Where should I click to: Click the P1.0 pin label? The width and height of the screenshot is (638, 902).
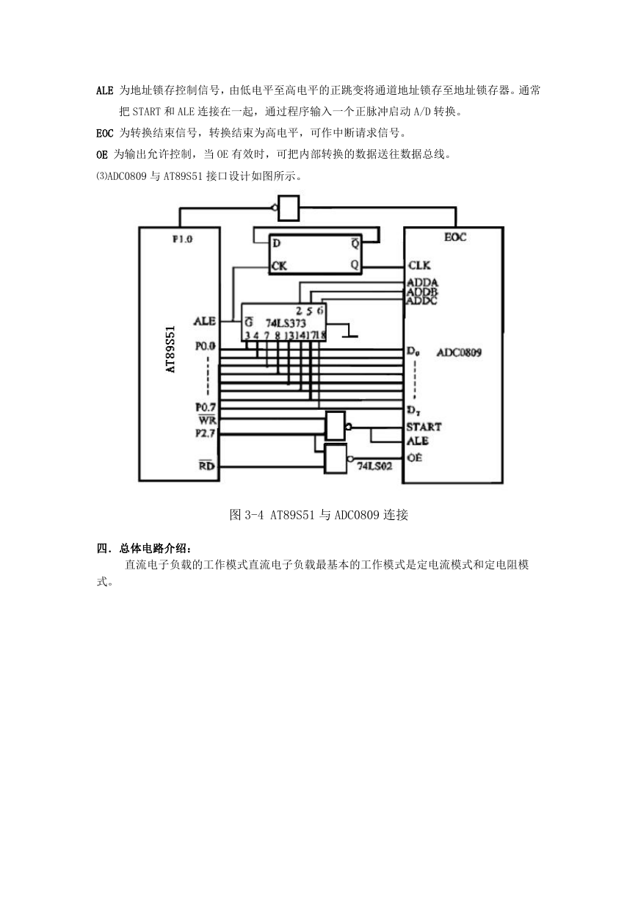pyautogui.click(x=183, y=239)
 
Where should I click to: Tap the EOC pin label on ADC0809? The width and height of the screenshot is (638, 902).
pyautogui.click(x=455, y=237)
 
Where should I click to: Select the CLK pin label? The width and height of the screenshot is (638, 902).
pyautogui.click(x=419, y=265)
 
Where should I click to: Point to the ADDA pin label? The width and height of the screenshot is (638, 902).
pyautogui.click(x=422, y=283)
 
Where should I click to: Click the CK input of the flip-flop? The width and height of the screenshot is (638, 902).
pyautogui.click(x=279, y=266)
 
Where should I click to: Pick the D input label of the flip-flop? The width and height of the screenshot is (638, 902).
pyautogui.click(x=277, y=243)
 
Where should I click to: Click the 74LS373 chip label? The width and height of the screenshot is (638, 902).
pyautogui.click(x=286, y=323)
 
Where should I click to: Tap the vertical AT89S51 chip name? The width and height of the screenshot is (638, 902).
pyautogui.click(x=170, y=349)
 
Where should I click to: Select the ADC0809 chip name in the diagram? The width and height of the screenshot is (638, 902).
pyautogui.click(x=460, y=353)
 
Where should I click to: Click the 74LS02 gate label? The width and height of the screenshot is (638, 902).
pyautogui.click(x=374, y=466)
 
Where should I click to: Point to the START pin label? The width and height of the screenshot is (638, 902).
pyautogui.click(x=424, y=427)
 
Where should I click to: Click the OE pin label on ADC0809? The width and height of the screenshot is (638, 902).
pyautogui.click(x=414, y=458)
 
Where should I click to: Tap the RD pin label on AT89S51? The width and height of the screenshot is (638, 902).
pyautogui.click(x=207, y=466)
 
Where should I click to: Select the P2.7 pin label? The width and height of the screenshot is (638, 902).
pyautogui.click(x=206, y=433)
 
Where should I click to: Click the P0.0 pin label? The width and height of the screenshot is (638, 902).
pyautogui.click(x=206, y=346)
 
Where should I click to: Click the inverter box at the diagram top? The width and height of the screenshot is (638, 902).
pyautogui.click(x=289, y=208)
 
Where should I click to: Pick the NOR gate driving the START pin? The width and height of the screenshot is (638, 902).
pyautogui.click(x=336, y=425)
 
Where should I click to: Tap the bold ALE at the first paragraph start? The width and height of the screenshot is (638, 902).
pyautogui.click(x=105, y=90)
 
